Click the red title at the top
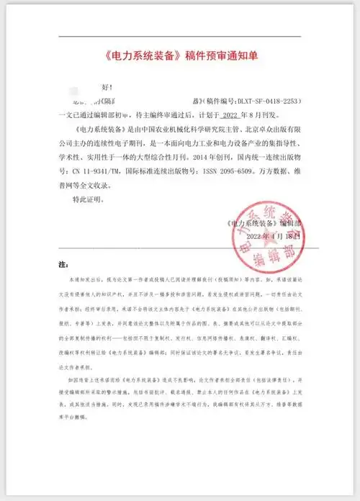click(179, 55)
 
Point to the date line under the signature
click(272, 236)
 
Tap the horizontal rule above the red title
click(179, 37)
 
